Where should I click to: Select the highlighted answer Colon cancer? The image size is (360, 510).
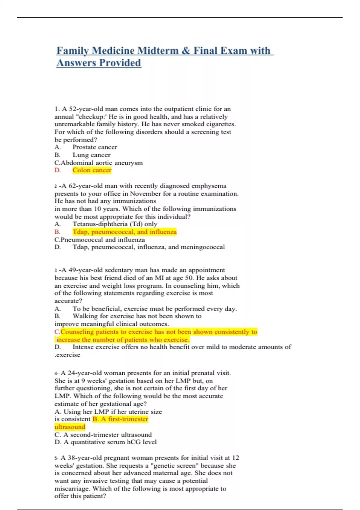click(x=92, y=170)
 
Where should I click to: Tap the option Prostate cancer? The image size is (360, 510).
click(x=95, y=147)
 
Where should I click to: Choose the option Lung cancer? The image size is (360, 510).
click(x=91, y=155)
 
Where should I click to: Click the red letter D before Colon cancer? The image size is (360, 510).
click(x=57, y=170)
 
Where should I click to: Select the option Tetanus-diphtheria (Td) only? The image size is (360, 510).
click(x=115, y=224)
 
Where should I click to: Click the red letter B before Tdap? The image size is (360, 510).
click(x=57, y=232)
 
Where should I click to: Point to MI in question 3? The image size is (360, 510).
click(x=159, y=278)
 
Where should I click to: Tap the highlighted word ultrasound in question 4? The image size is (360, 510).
click(x=70, y=427)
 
